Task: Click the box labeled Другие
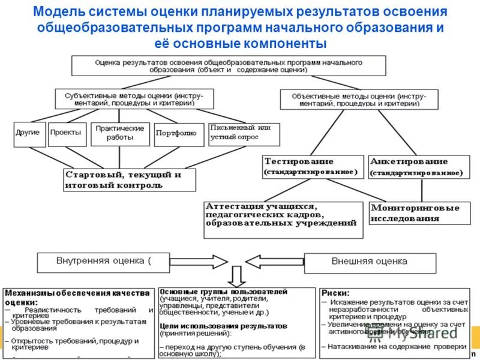pyautogui.click(x=29, y=134)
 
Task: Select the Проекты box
pyautogui.click(x=67, y=134)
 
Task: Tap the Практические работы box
pyautogui.click(x=119, y=134)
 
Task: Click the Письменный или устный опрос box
pyautogui.click(x=243, y=133)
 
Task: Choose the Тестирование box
pyautogui.click(x=313, y=166)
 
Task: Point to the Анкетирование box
pyautogui.click(x=418, y=167)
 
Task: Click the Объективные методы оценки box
pyautogui.click(x=359, y=99)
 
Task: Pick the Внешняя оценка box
pyautogui.click(x=369, y=262)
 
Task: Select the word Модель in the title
pyautogui.click(x=57, y=12)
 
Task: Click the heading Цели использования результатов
pyautogui.click(x=223, y=325)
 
